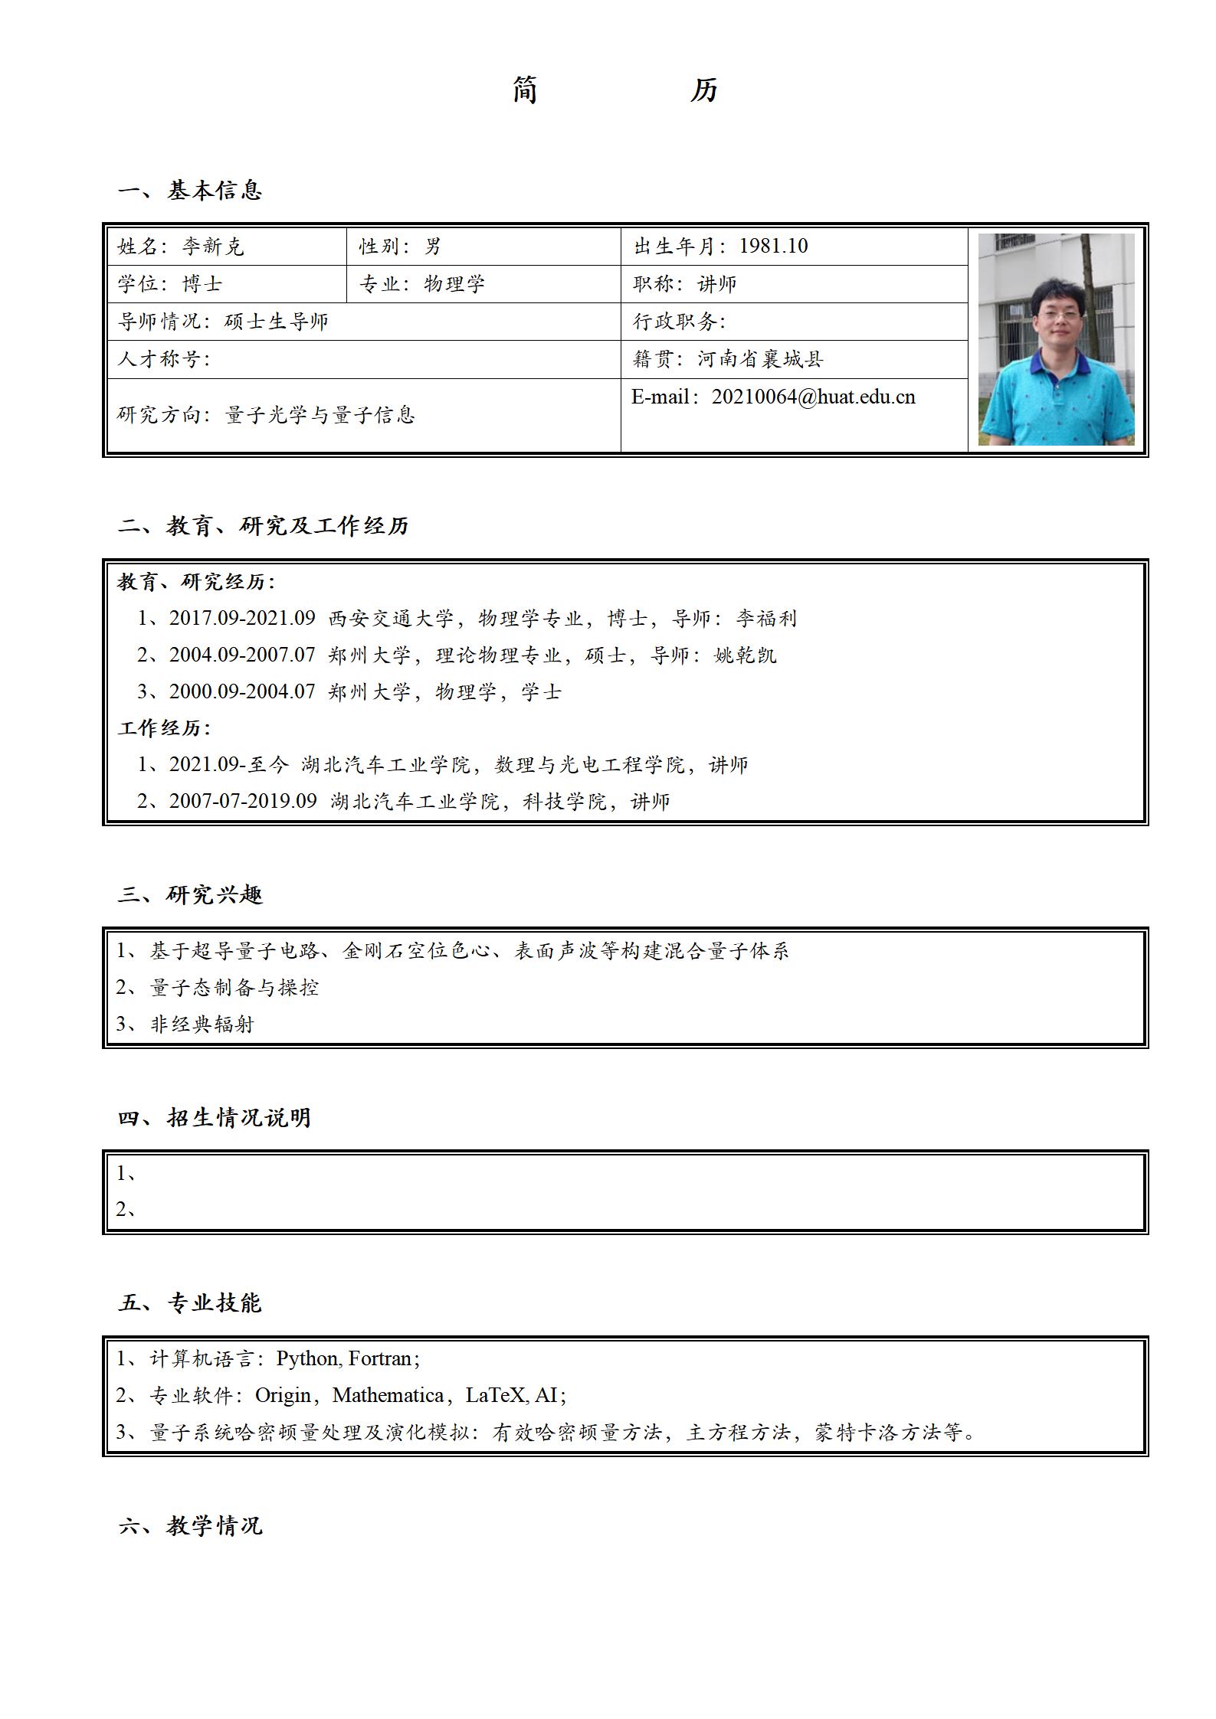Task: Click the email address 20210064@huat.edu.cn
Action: (x=813, y=397)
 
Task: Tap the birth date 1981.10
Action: (x=773, y=246)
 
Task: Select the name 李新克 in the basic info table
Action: (x=213, y=247)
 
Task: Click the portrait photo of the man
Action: (x=1056, y=339)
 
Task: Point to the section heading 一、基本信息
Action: (x=190, y=190)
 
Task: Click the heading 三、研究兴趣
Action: (x=190, y=894)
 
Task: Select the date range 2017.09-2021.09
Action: (x=242, y=618)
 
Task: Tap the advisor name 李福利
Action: (x=766, y=618)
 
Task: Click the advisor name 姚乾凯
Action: (x=745, y=655)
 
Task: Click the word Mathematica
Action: (x=388, y=1395)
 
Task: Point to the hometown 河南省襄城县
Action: (x=760, y=359)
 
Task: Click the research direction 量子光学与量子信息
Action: (x=320, y=415)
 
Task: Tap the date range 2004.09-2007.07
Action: (x=242, y=655)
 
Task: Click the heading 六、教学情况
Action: (x=190, y=1525)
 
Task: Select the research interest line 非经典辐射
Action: (x=202, y=1025)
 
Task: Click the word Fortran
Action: (x=380, y=1358)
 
